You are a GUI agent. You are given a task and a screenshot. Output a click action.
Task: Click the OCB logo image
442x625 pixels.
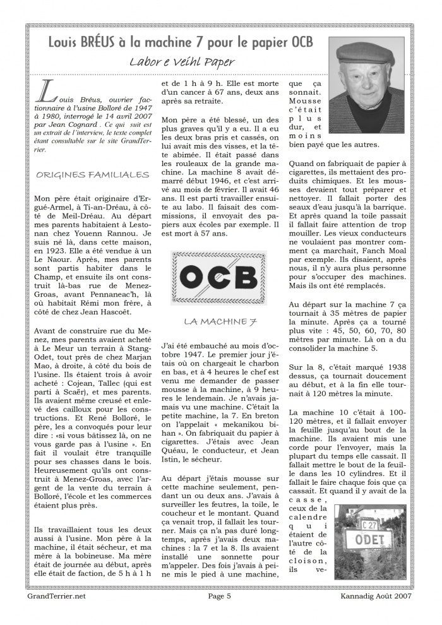click(218, 278)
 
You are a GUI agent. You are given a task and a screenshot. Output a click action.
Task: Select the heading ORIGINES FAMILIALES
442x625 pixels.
click(93, 175)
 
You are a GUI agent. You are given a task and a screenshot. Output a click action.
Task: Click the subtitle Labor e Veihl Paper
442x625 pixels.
click(182, 62)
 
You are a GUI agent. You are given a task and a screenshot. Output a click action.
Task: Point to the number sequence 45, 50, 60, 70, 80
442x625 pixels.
click(361, 330)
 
